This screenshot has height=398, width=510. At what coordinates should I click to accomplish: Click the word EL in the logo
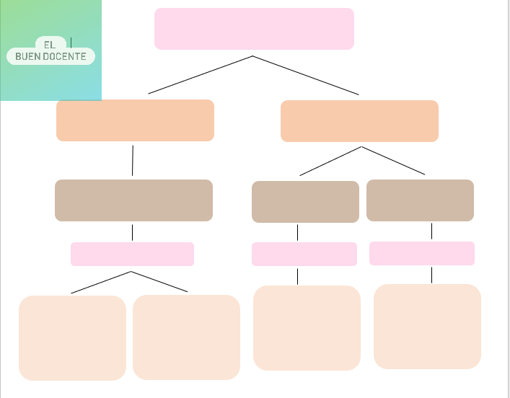tap(49, 45)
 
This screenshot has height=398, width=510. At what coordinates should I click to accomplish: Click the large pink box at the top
tap(254, 29)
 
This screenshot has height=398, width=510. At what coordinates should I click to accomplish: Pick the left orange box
tap(135, 120)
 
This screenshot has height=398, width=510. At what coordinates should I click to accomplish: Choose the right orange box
tap(359, 121)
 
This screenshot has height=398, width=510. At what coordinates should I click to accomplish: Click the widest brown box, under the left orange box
tap(133, 200)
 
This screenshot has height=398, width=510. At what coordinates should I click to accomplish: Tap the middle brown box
tap(305, 202)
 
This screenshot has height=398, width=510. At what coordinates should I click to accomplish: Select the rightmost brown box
tap(420, 200)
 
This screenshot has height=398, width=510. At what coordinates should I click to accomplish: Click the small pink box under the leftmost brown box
tap(132, 254)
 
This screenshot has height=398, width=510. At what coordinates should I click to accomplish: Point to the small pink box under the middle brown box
tap(304, 254)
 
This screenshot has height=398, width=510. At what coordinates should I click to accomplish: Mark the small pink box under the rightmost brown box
tap(422, 253)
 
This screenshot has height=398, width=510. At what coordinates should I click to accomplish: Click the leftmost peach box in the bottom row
tap(72, 337)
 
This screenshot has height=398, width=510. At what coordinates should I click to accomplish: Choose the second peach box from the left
tap(186, 337)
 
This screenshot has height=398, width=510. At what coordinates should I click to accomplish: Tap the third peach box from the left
tap(307, 328)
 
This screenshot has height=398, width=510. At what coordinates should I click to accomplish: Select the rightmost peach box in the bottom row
tap(427, 326)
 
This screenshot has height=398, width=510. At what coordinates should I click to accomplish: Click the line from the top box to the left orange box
tap(201, 75)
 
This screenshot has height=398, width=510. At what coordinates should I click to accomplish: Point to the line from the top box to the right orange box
tap(306, 75)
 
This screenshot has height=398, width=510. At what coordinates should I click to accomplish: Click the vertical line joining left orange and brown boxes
tap(133, 160)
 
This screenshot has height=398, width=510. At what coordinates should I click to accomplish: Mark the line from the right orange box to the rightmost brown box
tap(393, 161)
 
